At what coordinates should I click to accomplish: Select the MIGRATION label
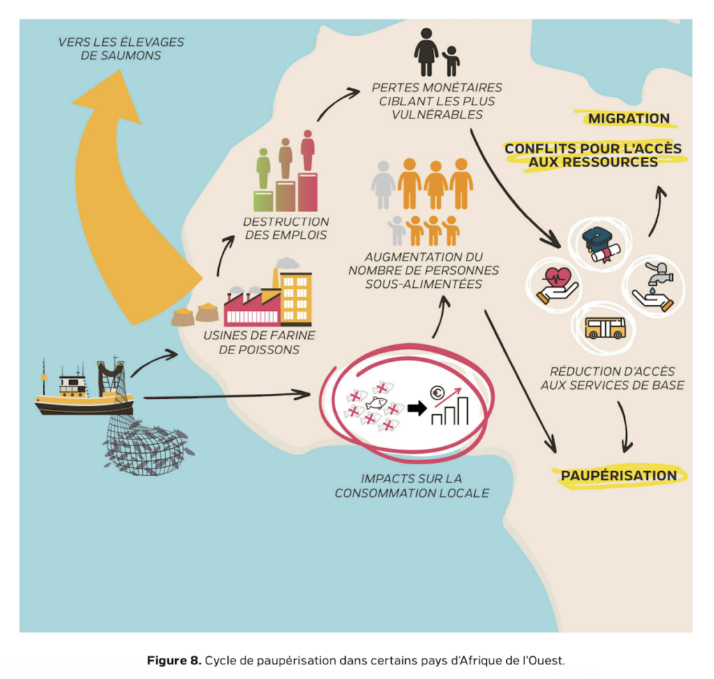(x=628, y=119)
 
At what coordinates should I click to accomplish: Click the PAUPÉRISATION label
(x=618, y=475)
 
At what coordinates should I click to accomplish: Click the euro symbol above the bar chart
(x=438, y=393)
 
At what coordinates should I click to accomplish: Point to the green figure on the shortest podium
(x=263, y=167)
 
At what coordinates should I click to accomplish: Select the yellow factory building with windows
(x=296, y=296)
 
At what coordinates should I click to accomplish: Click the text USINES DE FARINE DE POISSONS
(x=259, y=342)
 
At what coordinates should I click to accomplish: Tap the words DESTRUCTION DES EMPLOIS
(x=285, y=228)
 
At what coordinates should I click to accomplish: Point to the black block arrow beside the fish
(x=416, y=409)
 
